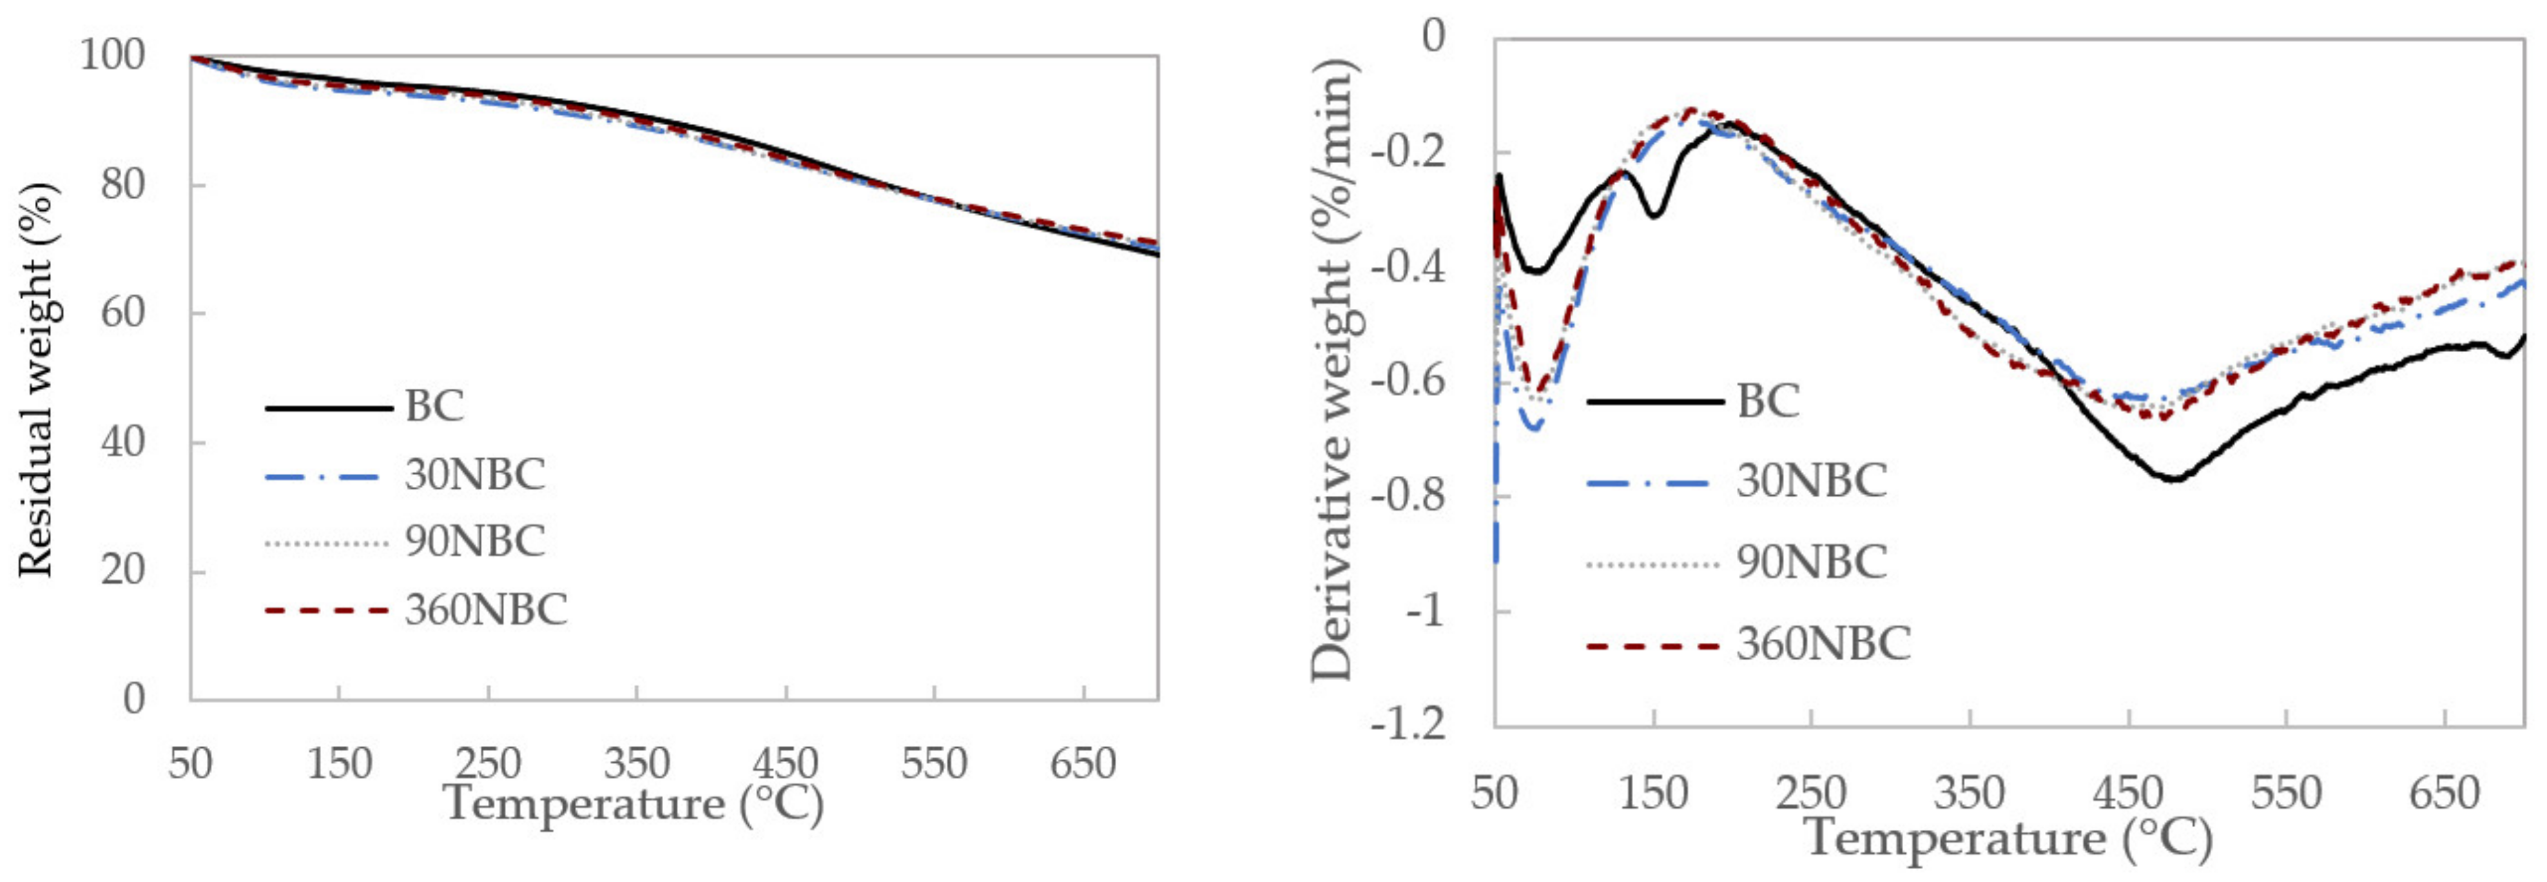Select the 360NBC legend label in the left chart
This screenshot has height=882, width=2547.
coord(485,609)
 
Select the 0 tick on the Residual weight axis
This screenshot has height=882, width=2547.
coord(135,698)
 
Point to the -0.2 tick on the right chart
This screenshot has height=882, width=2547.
coord(1407,152)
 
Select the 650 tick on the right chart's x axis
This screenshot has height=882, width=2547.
coord(2444,793)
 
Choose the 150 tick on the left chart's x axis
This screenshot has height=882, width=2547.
coord(339,763)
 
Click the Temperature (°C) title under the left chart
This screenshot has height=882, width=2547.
coord(633,803)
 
